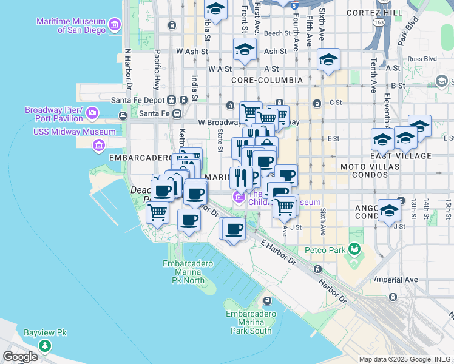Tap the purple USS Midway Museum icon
click(98, 145)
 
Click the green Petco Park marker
click(354, 249)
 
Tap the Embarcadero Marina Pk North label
click(188, 272)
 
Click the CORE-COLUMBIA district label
click(267, 80)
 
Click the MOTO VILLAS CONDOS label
click(364, 170)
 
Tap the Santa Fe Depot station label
click(139, 99)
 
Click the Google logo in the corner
click(21, 357)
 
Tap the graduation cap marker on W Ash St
click(245, 49)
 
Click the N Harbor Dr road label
click(128, 67)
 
